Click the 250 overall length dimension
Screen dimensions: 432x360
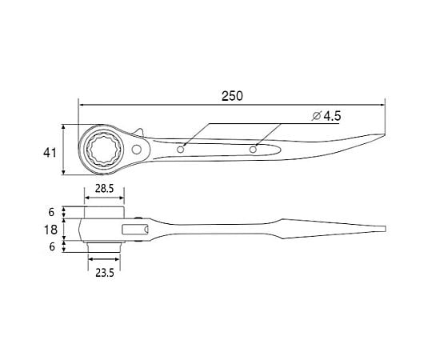(x=232, y=96)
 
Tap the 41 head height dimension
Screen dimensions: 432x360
(x=50, y=153)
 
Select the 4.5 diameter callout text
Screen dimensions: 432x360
(x=332, y=116)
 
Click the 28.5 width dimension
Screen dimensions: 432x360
(x=105, y=189)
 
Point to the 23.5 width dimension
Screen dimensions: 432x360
(x=105, y=273)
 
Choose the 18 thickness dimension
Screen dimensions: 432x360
(x=51, y=230)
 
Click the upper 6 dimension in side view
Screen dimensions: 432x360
(x=51, y=212)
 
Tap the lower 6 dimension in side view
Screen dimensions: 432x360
(x=52, y=246)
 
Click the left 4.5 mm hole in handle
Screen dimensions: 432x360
(x=181, y=150)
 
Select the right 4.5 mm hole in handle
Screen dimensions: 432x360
(x=253, y=150)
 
